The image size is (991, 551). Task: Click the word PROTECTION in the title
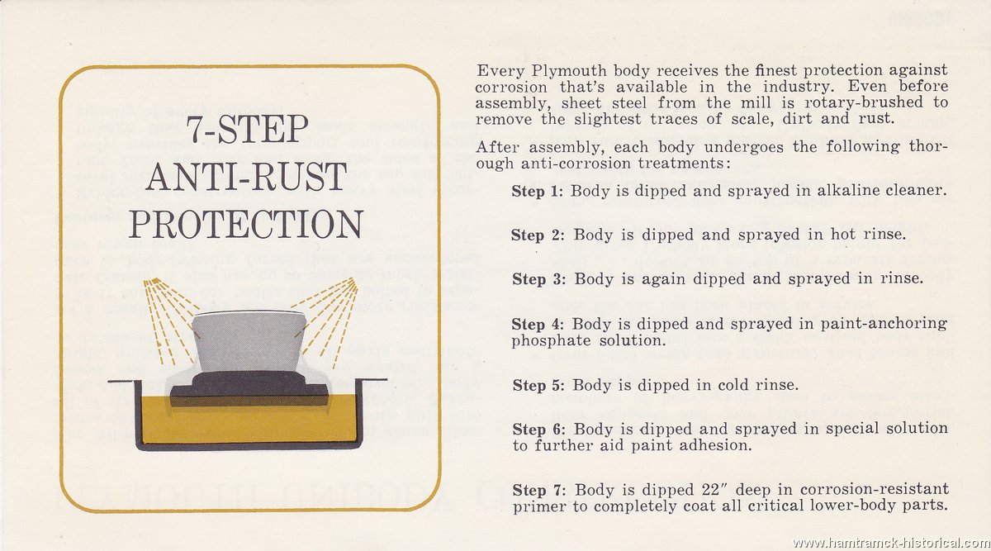click(246, 225)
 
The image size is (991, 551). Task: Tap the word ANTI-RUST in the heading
click(246, 176)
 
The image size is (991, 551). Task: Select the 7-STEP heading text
click(246, 129)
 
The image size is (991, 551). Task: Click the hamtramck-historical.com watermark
click(891, 543)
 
